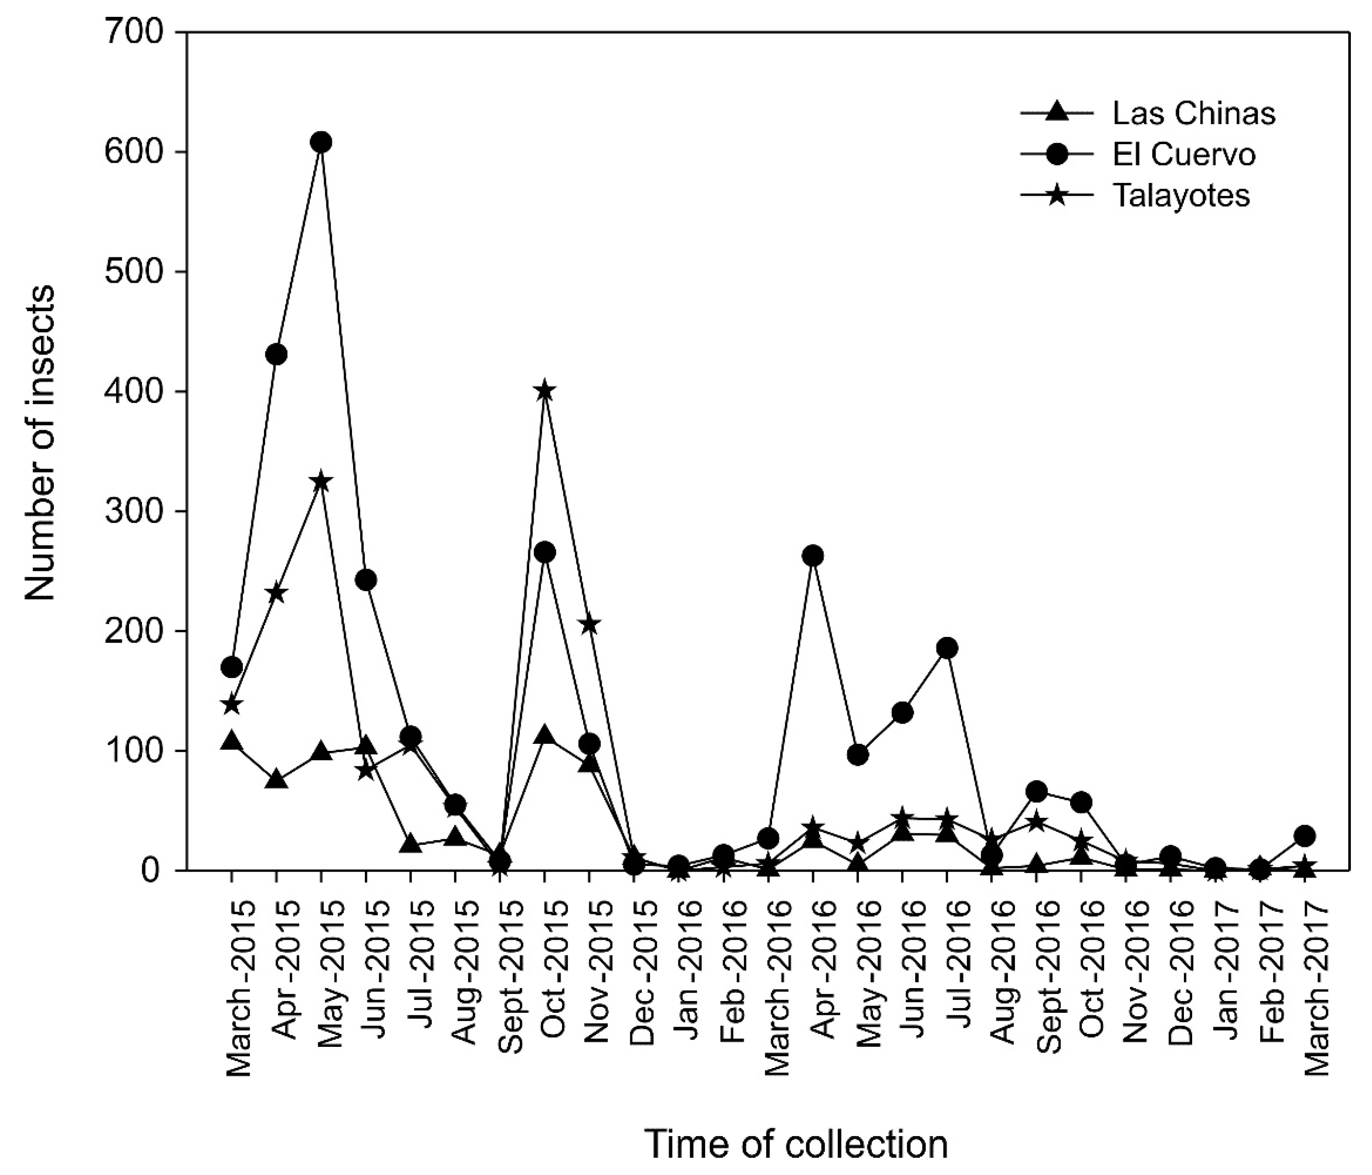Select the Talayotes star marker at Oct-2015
click(x=544, y=391)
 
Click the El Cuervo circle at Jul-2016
click(x=947, y=648)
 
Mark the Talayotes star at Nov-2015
click(x=589, y=624)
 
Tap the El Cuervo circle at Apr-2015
click(x=276, y=354)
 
